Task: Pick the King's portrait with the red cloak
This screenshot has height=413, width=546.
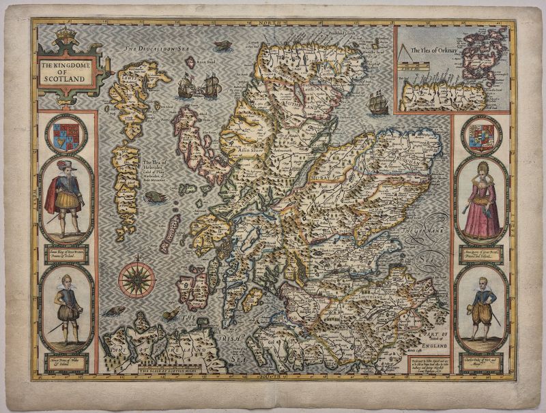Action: click(x=66, y=198)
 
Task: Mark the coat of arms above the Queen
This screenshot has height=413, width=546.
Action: click(x=482, y=135)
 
